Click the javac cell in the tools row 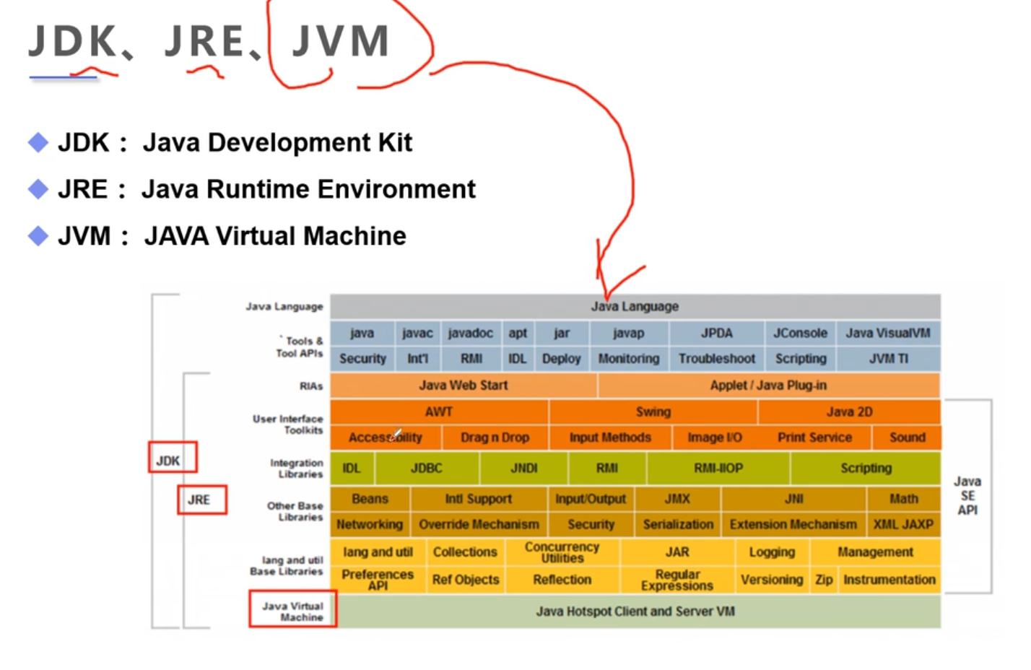click(x=417, y=333)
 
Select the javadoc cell click(x=470, y=333)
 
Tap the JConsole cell click(x=800, y=333)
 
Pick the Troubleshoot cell click(x=716, y=358)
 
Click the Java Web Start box click(x=464, y=385)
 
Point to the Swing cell click(x=653, y=412)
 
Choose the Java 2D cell click(x=849, y=412)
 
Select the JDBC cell click(x=426, y=468)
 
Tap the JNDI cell click(x=523, y=468)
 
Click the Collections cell click(x=465, y=552)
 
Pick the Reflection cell click(x=562, y=579)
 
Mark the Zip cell click(x=824, y=579)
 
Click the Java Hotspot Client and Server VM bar click(x=635, y=612)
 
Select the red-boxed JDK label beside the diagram click(x=169, y=461)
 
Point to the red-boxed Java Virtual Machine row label click(x=292, y=611)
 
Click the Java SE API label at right click(x=967, y=495)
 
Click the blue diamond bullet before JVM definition click(x=38, y=236)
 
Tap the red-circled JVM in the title click(x=340, y=41)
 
